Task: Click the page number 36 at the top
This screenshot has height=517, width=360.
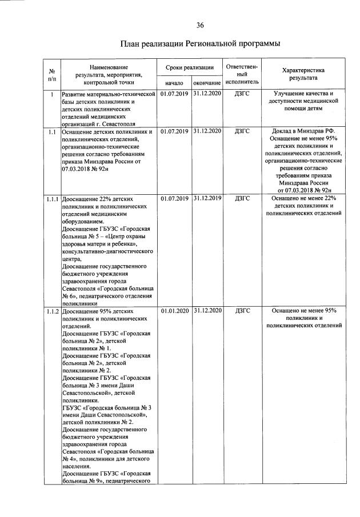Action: [200, 25]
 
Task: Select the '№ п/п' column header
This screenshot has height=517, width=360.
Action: [52, 75]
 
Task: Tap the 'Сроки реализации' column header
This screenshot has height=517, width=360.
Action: [190, 68]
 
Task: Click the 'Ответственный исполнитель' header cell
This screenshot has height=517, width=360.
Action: [242, 74]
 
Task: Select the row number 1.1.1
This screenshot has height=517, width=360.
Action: [52, 199]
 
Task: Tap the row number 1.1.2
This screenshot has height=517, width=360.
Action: [52, 311]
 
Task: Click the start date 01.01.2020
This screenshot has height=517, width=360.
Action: [174, 311]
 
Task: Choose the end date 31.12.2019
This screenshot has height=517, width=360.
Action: [207, 199]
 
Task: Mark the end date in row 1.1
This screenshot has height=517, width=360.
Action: [207, 132]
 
